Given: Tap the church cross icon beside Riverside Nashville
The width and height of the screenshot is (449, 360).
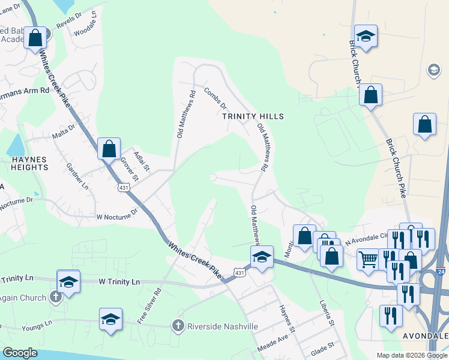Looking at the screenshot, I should [178, 326].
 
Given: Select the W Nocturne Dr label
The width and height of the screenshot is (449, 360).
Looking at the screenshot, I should [117, 214].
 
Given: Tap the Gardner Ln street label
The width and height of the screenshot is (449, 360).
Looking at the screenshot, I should [77, 176].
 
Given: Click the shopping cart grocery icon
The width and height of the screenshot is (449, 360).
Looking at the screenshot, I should [368, 259].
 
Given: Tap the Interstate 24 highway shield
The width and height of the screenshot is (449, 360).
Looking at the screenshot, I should [441, 272].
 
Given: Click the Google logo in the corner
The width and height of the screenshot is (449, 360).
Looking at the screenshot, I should [20, 353].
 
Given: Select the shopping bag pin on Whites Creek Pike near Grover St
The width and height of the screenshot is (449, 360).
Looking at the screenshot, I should [109, 148].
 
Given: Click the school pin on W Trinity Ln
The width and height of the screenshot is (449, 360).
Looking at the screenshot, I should [68, 281].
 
